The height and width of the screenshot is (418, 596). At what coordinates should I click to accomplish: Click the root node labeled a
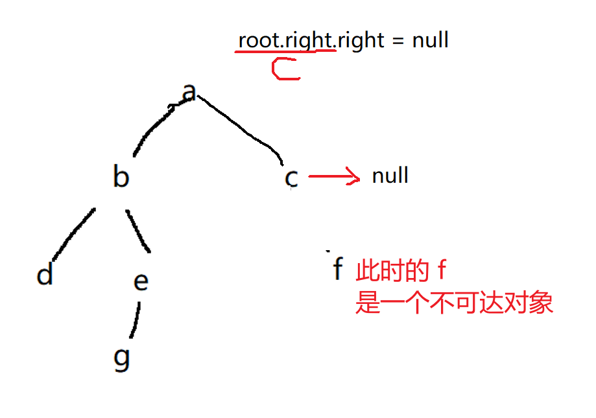click(189, 93)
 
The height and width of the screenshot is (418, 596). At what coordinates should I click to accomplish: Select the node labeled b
click(121, 176)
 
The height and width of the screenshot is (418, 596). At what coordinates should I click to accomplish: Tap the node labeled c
click(292, 177)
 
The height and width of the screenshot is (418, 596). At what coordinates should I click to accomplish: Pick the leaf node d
click(44, 275)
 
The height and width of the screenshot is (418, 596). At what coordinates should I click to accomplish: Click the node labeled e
click(141, 281)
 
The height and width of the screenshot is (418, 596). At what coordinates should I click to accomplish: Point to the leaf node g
click(122, 358)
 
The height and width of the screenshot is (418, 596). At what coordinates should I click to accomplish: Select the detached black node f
click(337, 268)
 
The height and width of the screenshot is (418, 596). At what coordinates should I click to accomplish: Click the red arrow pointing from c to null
click(333, 176)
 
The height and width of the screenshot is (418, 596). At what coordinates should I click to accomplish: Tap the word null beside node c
click(390, 176)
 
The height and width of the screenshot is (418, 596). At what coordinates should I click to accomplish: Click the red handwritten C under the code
click(285, 69)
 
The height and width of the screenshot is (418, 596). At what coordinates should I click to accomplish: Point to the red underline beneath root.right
click(285, 51)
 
